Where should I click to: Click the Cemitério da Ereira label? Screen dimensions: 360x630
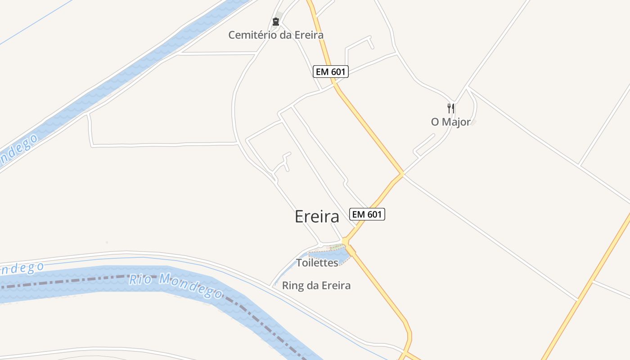click(275, 35)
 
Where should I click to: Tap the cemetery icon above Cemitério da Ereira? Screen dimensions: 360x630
click(275, 21)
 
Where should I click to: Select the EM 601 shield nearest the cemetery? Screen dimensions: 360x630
click(331, 72)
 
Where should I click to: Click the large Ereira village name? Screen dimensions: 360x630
click(317, 216)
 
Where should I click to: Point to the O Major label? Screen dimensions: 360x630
click(450, 122)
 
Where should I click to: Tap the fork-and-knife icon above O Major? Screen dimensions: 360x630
click(450, 108)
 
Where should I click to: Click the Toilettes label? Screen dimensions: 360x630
click(317, 263)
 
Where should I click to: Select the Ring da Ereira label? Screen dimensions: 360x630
click(316, 285)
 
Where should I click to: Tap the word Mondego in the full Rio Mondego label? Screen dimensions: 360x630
click(191, 287)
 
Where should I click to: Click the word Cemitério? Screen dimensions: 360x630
click(252, 35)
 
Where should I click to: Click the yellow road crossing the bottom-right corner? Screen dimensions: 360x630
click(585, 292)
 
